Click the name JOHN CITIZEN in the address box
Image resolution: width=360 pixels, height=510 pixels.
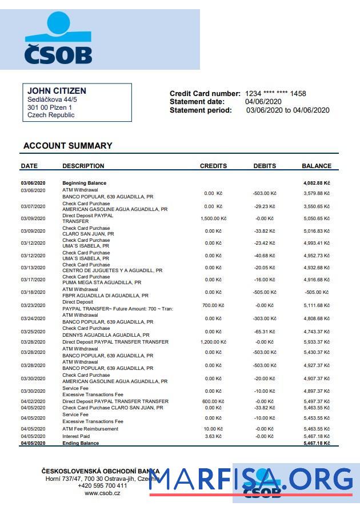(x=57, y=91)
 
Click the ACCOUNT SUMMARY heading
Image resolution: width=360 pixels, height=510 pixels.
(x=67, y=146)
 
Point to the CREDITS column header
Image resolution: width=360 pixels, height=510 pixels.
(x=213, y=166)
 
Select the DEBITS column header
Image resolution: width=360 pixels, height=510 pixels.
(x=265, y=166)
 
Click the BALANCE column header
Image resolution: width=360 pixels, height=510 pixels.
(x=316, y=166)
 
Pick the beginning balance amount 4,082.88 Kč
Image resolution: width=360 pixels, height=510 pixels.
(x=316, y=184)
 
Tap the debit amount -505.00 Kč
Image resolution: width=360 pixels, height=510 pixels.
(x=265, y=292)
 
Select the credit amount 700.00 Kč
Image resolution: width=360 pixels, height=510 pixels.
(x=213, y=305)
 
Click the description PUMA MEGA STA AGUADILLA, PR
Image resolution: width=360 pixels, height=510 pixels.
(x=102, y=282)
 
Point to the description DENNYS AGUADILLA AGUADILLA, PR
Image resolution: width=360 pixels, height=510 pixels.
(x=106, y=335)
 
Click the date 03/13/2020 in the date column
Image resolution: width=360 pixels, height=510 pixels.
(x=33, y=268)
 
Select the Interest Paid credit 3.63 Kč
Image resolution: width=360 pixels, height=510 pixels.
(x=213, y=436)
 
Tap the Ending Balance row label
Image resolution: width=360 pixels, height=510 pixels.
(x=81, y=443)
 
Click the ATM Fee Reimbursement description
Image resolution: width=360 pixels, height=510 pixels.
(x=90, y=429)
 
